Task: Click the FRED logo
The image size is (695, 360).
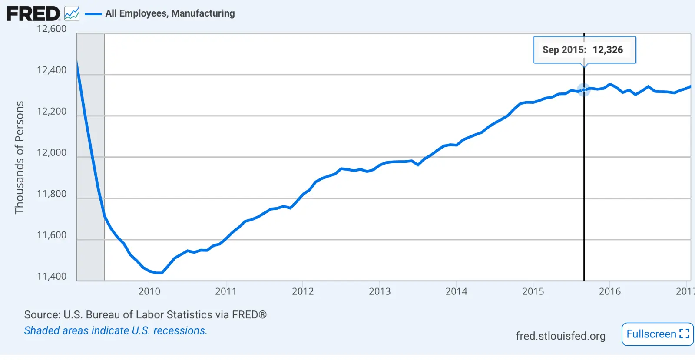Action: (x=33, y=13)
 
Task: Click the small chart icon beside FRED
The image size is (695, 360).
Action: (x=72, y=13)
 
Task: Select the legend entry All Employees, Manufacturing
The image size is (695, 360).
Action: (x=170, y=13)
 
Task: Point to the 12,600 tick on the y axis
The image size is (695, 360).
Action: (x=52, y=29)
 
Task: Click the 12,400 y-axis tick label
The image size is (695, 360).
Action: (x=52, y=70)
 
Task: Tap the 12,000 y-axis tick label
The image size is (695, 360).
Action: (x=52, y=153)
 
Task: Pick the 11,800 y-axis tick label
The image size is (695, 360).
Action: (x=52, y=194)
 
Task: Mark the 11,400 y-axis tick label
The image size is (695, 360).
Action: (x=52, y=277)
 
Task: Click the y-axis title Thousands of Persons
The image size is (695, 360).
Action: (x=19, y=157)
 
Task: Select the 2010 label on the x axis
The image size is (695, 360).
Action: (x=149, y=291)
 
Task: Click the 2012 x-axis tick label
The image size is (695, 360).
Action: (x=303, y=291)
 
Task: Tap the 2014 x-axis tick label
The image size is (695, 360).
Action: (x=456, y=291)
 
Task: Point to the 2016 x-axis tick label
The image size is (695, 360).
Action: (x=610, y=291)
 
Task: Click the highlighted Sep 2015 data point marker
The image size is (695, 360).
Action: (x=584, y=90)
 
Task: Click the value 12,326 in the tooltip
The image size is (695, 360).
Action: (x=608, y=50)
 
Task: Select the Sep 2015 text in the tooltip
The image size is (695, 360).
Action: (x=564, y=50)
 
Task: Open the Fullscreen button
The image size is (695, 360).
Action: (x=657, y=334)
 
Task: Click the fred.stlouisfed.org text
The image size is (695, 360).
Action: (x=560, y=336)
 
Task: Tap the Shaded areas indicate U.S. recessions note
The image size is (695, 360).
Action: (x=116, y=330)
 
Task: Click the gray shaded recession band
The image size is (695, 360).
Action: (x=91, y=156)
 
